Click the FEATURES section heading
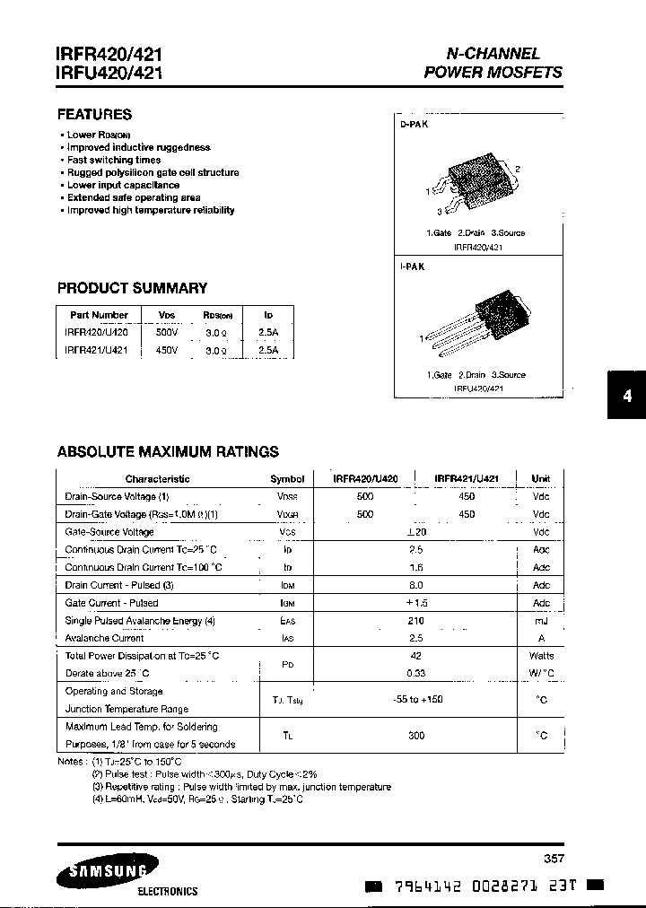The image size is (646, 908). click(94, 114)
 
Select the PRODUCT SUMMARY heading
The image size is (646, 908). click(132, 288)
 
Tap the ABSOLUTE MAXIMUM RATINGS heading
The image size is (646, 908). click(168, 452)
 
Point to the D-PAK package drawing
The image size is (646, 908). click(475, 183)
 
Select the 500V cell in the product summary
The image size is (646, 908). click(167, 332)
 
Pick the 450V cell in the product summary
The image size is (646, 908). click(167, 350)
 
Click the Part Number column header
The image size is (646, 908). click(99, 315)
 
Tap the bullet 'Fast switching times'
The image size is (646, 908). click(114, 160)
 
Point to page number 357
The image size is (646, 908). click(554, 858)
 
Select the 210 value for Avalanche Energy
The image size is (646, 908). click(415, 621)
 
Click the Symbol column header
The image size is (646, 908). click(287, 479)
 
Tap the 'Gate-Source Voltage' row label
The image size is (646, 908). click(109, 532)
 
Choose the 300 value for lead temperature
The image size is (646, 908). click(415, 736)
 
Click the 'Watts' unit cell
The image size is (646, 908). click(541, 656)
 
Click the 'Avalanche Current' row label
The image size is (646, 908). click(104, 638)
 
